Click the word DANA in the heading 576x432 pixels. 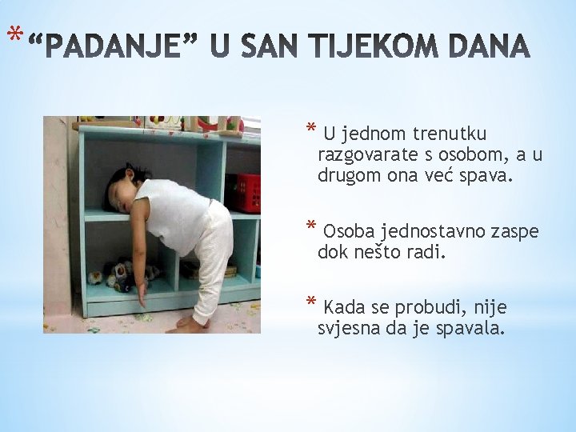click(490, 49)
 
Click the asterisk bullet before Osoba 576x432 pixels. click(312, 230)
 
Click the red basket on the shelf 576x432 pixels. click(243, 192)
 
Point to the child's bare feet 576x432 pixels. click(193, 322)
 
